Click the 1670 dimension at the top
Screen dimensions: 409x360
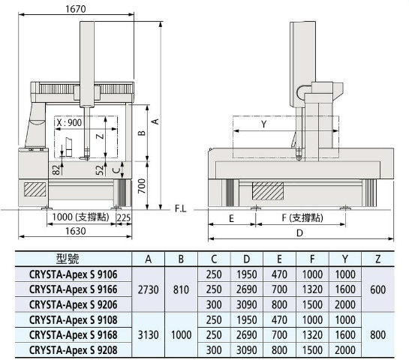pyautogui.click(x=75, y=9)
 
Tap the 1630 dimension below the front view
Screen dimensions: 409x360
pyautogui.click(x=75, y=231)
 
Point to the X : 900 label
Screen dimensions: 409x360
pyautogui.click(x=69, y=122)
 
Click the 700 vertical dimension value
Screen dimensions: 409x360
pyautogui.click(x=142, y=186)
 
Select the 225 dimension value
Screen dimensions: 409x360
pyautogui.click(x=123, y=217)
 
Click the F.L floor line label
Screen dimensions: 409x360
pyautogui.click(x=181, y=208)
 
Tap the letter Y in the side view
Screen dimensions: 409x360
pyautogui.click(x=263, y=124)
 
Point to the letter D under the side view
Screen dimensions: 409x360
pyautogui.click(x=300, y=232)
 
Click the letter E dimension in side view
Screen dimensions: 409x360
pyautogui.click(x=231, y=218)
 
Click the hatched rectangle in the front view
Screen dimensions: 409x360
pyautogui.click(x=35, y=190)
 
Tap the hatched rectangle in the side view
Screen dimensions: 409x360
pyautogui.click(x=268, y=191)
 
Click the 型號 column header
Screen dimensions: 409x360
pyautogui.click(x=68, y=259)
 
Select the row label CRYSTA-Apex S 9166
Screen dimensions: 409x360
pyautogui.click(x=74, y=289)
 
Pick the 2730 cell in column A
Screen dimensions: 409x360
pyautogui.click(x=148, y=289)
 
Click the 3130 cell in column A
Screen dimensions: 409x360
pyautogui.click(x=148, y=335)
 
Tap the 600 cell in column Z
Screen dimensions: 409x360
pyautogui.click(x=377, y=289)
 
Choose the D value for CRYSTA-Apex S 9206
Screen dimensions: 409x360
pyautogui.click(x=246, y=304)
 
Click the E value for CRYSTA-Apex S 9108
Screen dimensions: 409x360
pyautogui.click(x=279, y=319)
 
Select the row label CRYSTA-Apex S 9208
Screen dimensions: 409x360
pyautogui.click(x=74, y=350)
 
